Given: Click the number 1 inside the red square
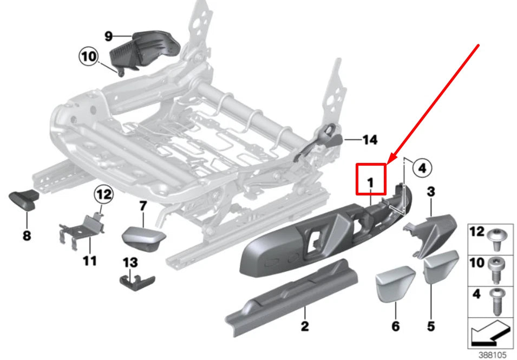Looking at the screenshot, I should click(370, 184).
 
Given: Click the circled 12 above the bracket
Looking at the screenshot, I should click(104, 193).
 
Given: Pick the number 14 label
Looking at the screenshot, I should click(369, 140).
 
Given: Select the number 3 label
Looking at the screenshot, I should click(431, 192).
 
